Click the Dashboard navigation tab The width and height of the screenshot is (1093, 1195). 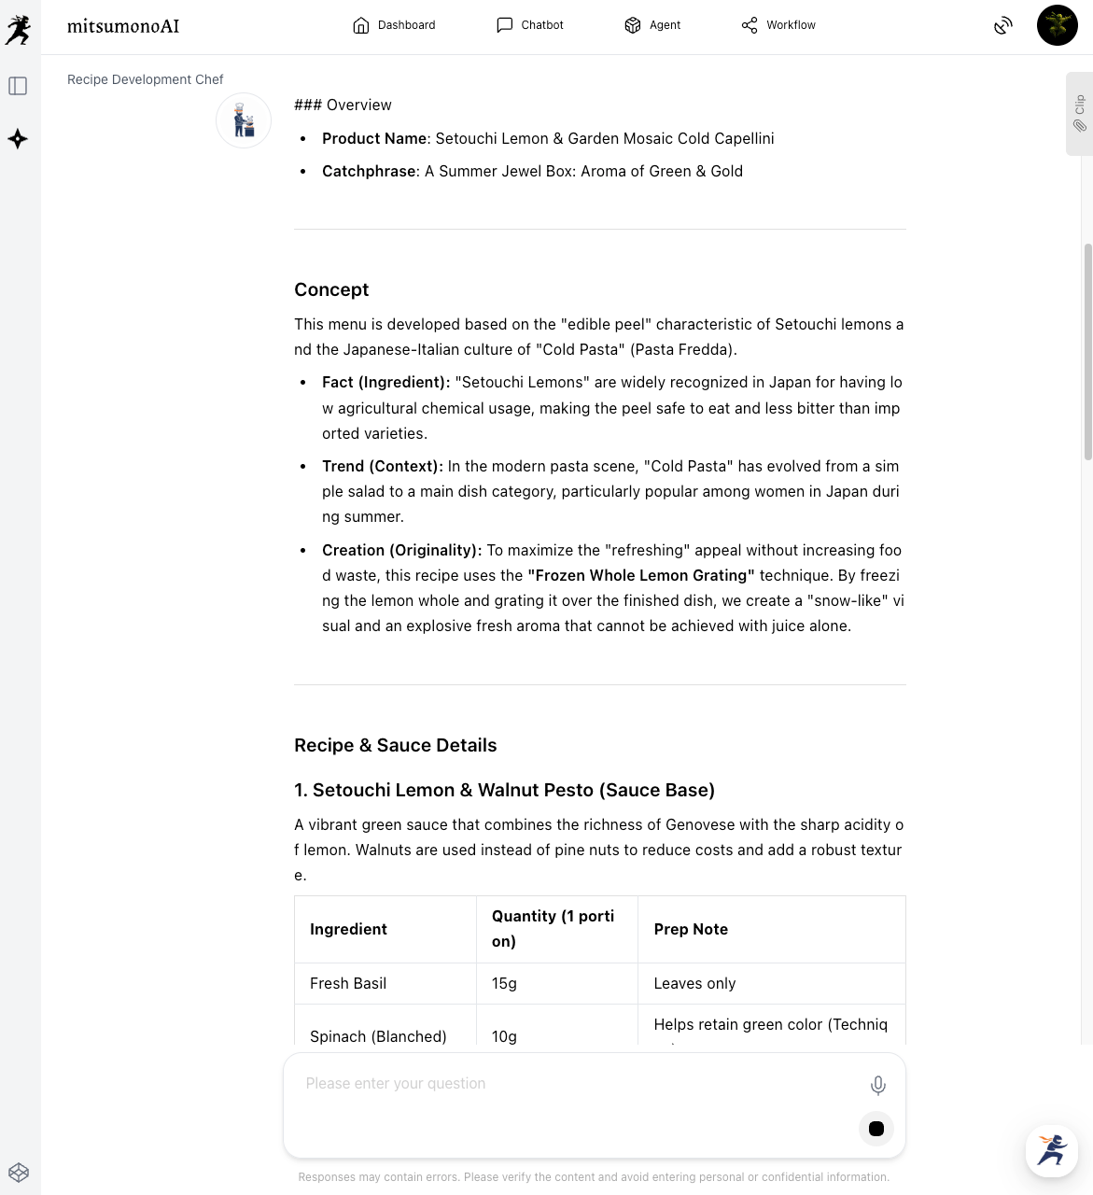[x=394, y=25]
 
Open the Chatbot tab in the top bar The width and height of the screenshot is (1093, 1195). [x=530, y=25]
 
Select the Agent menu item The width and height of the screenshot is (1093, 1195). [x=652, y=25]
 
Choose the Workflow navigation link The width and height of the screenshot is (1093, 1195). [x=778, y=25]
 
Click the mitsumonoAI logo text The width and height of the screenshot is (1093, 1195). [x=123, y=26]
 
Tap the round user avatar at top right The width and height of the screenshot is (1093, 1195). [x=1057, y=25]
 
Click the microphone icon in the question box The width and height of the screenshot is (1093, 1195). [x=877, y=1085]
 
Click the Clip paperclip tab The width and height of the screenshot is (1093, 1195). [x=1080, y=113]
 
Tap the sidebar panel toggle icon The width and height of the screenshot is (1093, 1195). [x=18, y=86]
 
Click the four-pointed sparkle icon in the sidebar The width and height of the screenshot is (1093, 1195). [x=18, y=139]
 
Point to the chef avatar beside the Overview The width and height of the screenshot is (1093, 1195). [x=244, y=120]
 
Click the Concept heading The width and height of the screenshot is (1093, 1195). [x=331, y=289]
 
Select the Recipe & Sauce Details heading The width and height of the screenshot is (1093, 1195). [x=395, y=745]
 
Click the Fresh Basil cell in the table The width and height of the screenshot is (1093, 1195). [x=348, y=983]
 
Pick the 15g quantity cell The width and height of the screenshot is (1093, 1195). [x=504, y=983]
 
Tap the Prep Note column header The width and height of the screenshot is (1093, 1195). [x=691, y=929]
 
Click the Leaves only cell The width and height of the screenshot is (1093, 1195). [x=694, y=983]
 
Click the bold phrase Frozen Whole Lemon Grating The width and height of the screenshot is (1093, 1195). [x=641, y=575]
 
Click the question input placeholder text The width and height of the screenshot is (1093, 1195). [x=396, y=1083]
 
